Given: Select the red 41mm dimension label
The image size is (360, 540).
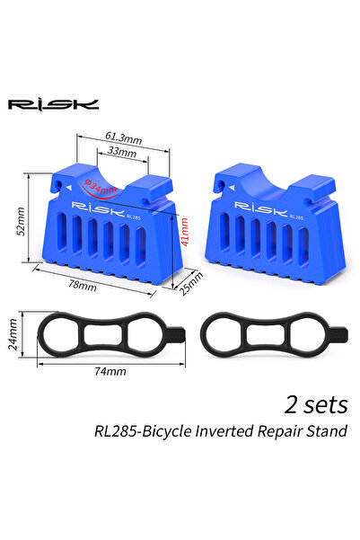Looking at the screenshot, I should (185, 235).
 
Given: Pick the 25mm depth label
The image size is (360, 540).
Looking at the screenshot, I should (189, 286).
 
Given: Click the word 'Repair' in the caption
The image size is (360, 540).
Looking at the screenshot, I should (278, 431).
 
